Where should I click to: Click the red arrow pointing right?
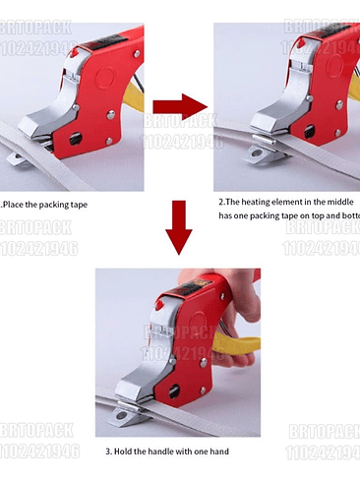[x=179, y=107]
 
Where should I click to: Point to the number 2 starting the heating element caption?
[x=222, y=201]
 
